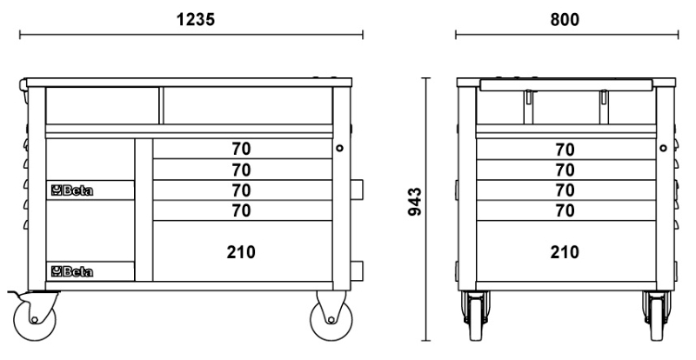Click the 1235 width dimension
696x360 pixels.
tap(196, 19)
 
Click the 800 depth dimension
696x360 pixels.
tap(565, 20)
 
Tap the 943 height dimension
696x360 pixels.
tap(415, 202)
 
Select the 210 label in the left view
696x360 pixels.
tap(241, 252)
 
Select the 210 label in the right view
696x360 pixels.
tap(565, 252)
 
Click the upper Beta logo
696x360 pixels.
tap(72, 190)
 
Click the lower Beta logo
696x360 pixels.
tap(72, 271)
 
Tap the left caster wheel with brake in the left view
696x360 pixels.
tap(35, 319)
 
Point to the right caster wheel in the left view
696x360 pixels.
tap(331, 319)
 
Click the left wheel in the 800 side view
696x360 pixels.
tap(476, 316)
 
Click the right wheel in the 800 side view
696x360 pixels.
tap(658, 316)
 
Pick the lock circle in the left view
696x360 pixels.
tap(339, 148)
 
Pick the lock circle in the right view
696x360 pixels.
tap(663, 148)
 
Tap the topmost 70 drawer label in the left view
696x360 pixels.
tap(241, 150)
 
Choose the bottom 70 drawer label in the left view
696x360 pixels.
tap(241, 210)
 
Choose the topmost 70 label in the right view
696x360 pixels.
tap(565, 150)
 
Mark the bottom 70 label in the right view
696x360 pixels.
tap(565, 210)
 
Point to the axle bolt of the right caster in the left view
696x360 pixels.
tap(331, 320)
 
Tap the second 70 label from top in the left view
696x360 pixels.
tap(241, 170)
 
